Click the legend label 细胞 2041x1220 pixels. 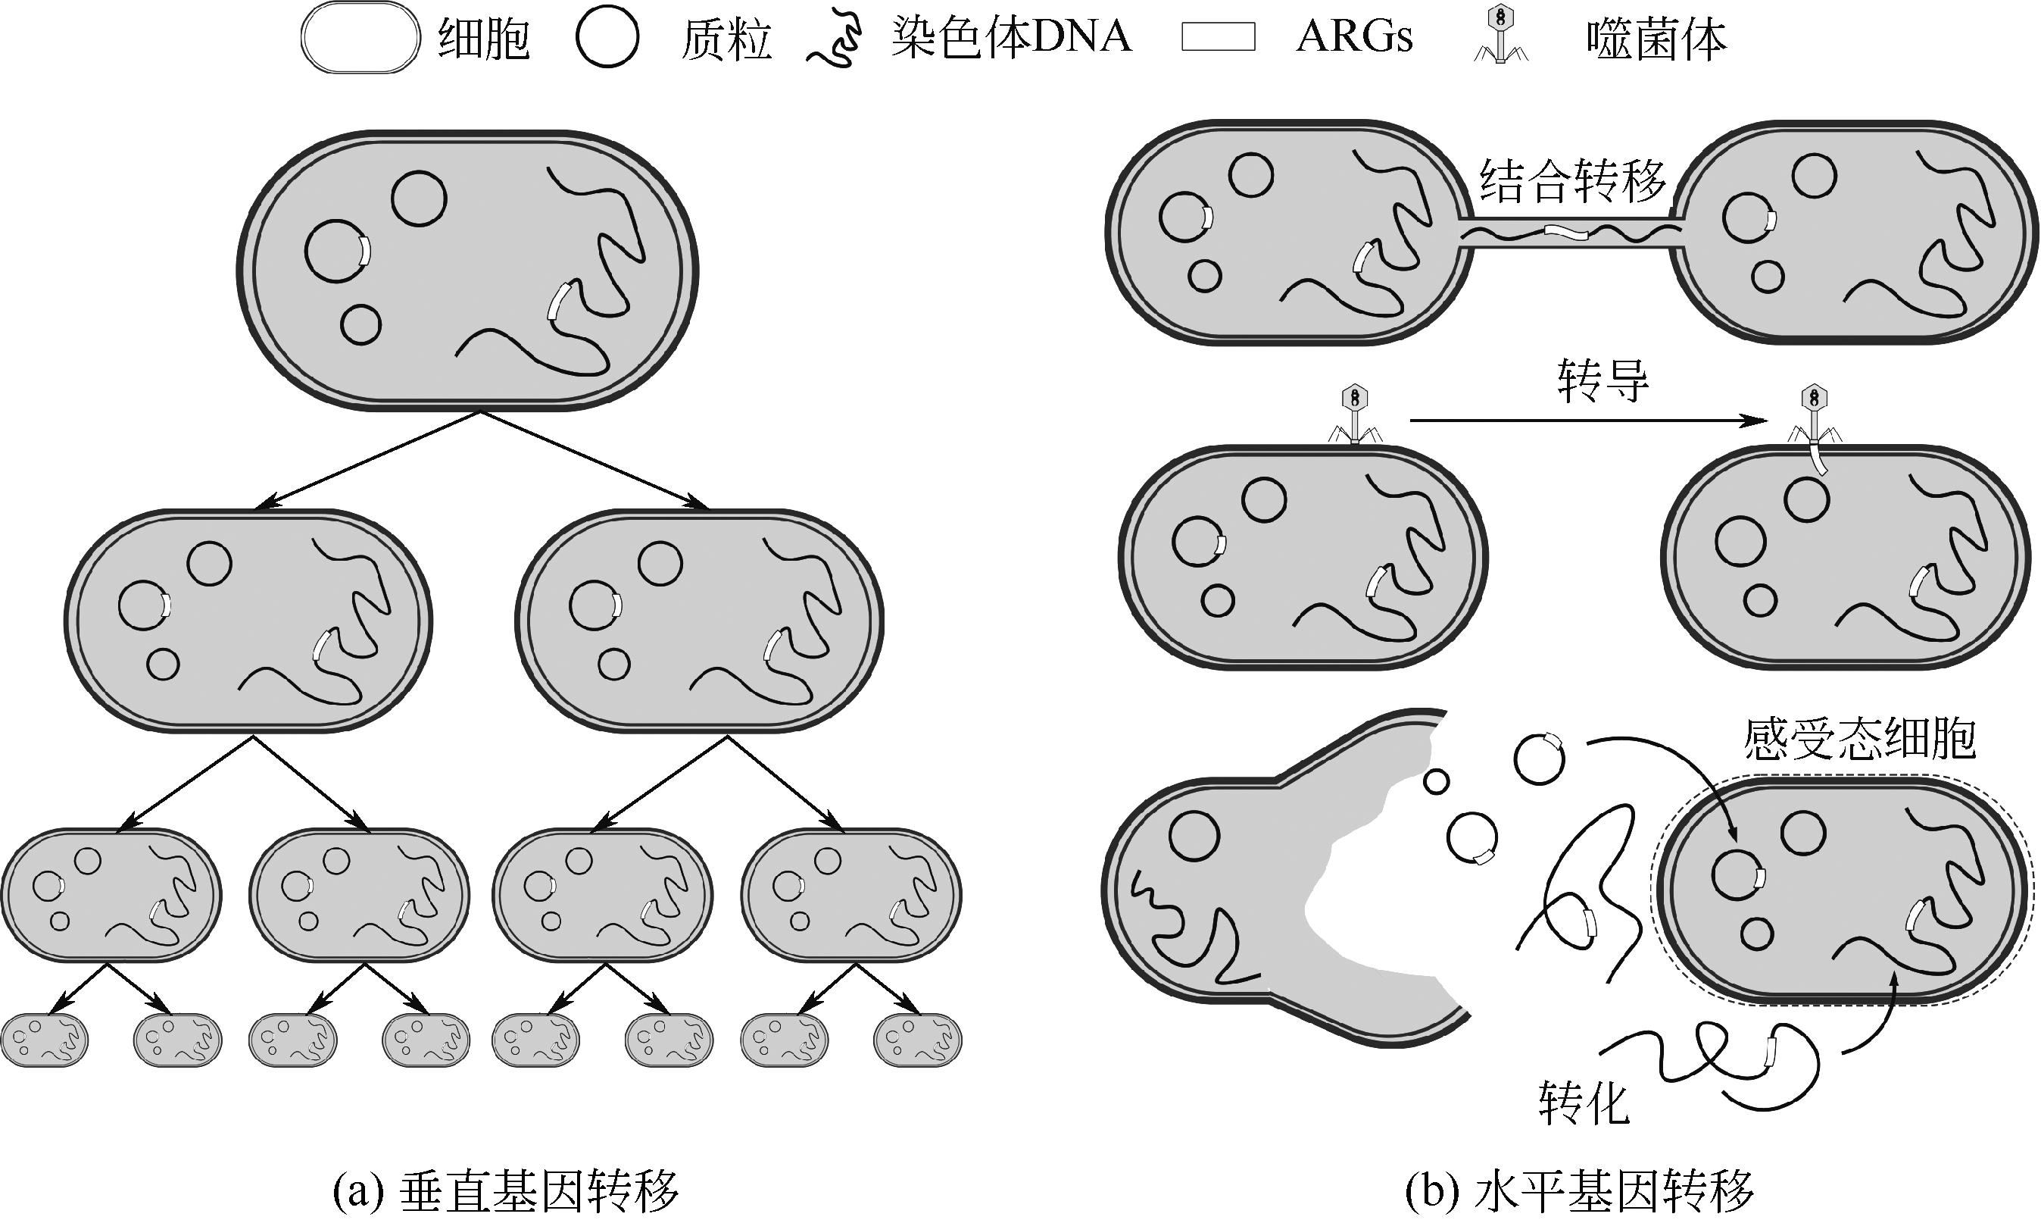point(483,38)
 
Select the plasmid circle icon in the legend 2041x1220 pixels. point(607,38)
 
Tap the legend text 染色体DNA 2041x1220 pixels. point(1010,38)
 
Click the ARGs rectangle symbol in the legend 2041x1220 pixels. point(1218,38)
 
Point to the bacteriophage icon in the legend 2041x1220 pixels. point(1500,36)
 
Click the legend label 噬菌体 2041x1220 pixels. point(1656,38)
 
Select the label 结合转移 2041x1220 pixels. point(1571,181)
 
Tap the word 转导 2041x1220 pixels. point(1603,380)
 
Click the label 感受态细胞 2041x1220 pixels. point(1858,738)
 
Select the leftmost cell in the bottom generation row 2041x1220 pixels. point(45,1039)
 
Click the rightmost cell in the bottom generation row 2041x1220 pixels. point(917,1039)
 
